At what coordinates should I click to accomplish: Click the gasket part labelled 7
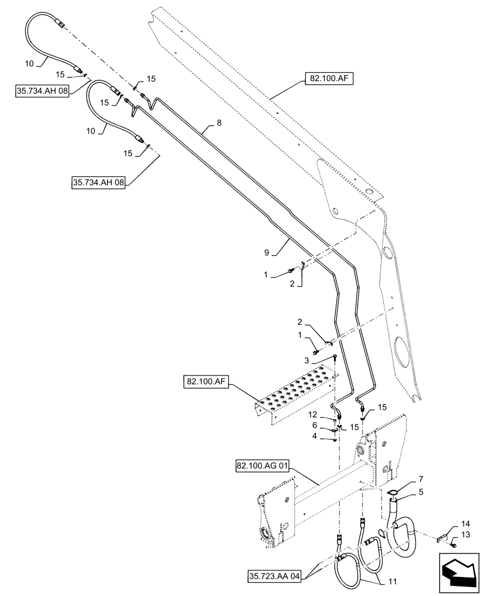[x=393, y=492]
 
